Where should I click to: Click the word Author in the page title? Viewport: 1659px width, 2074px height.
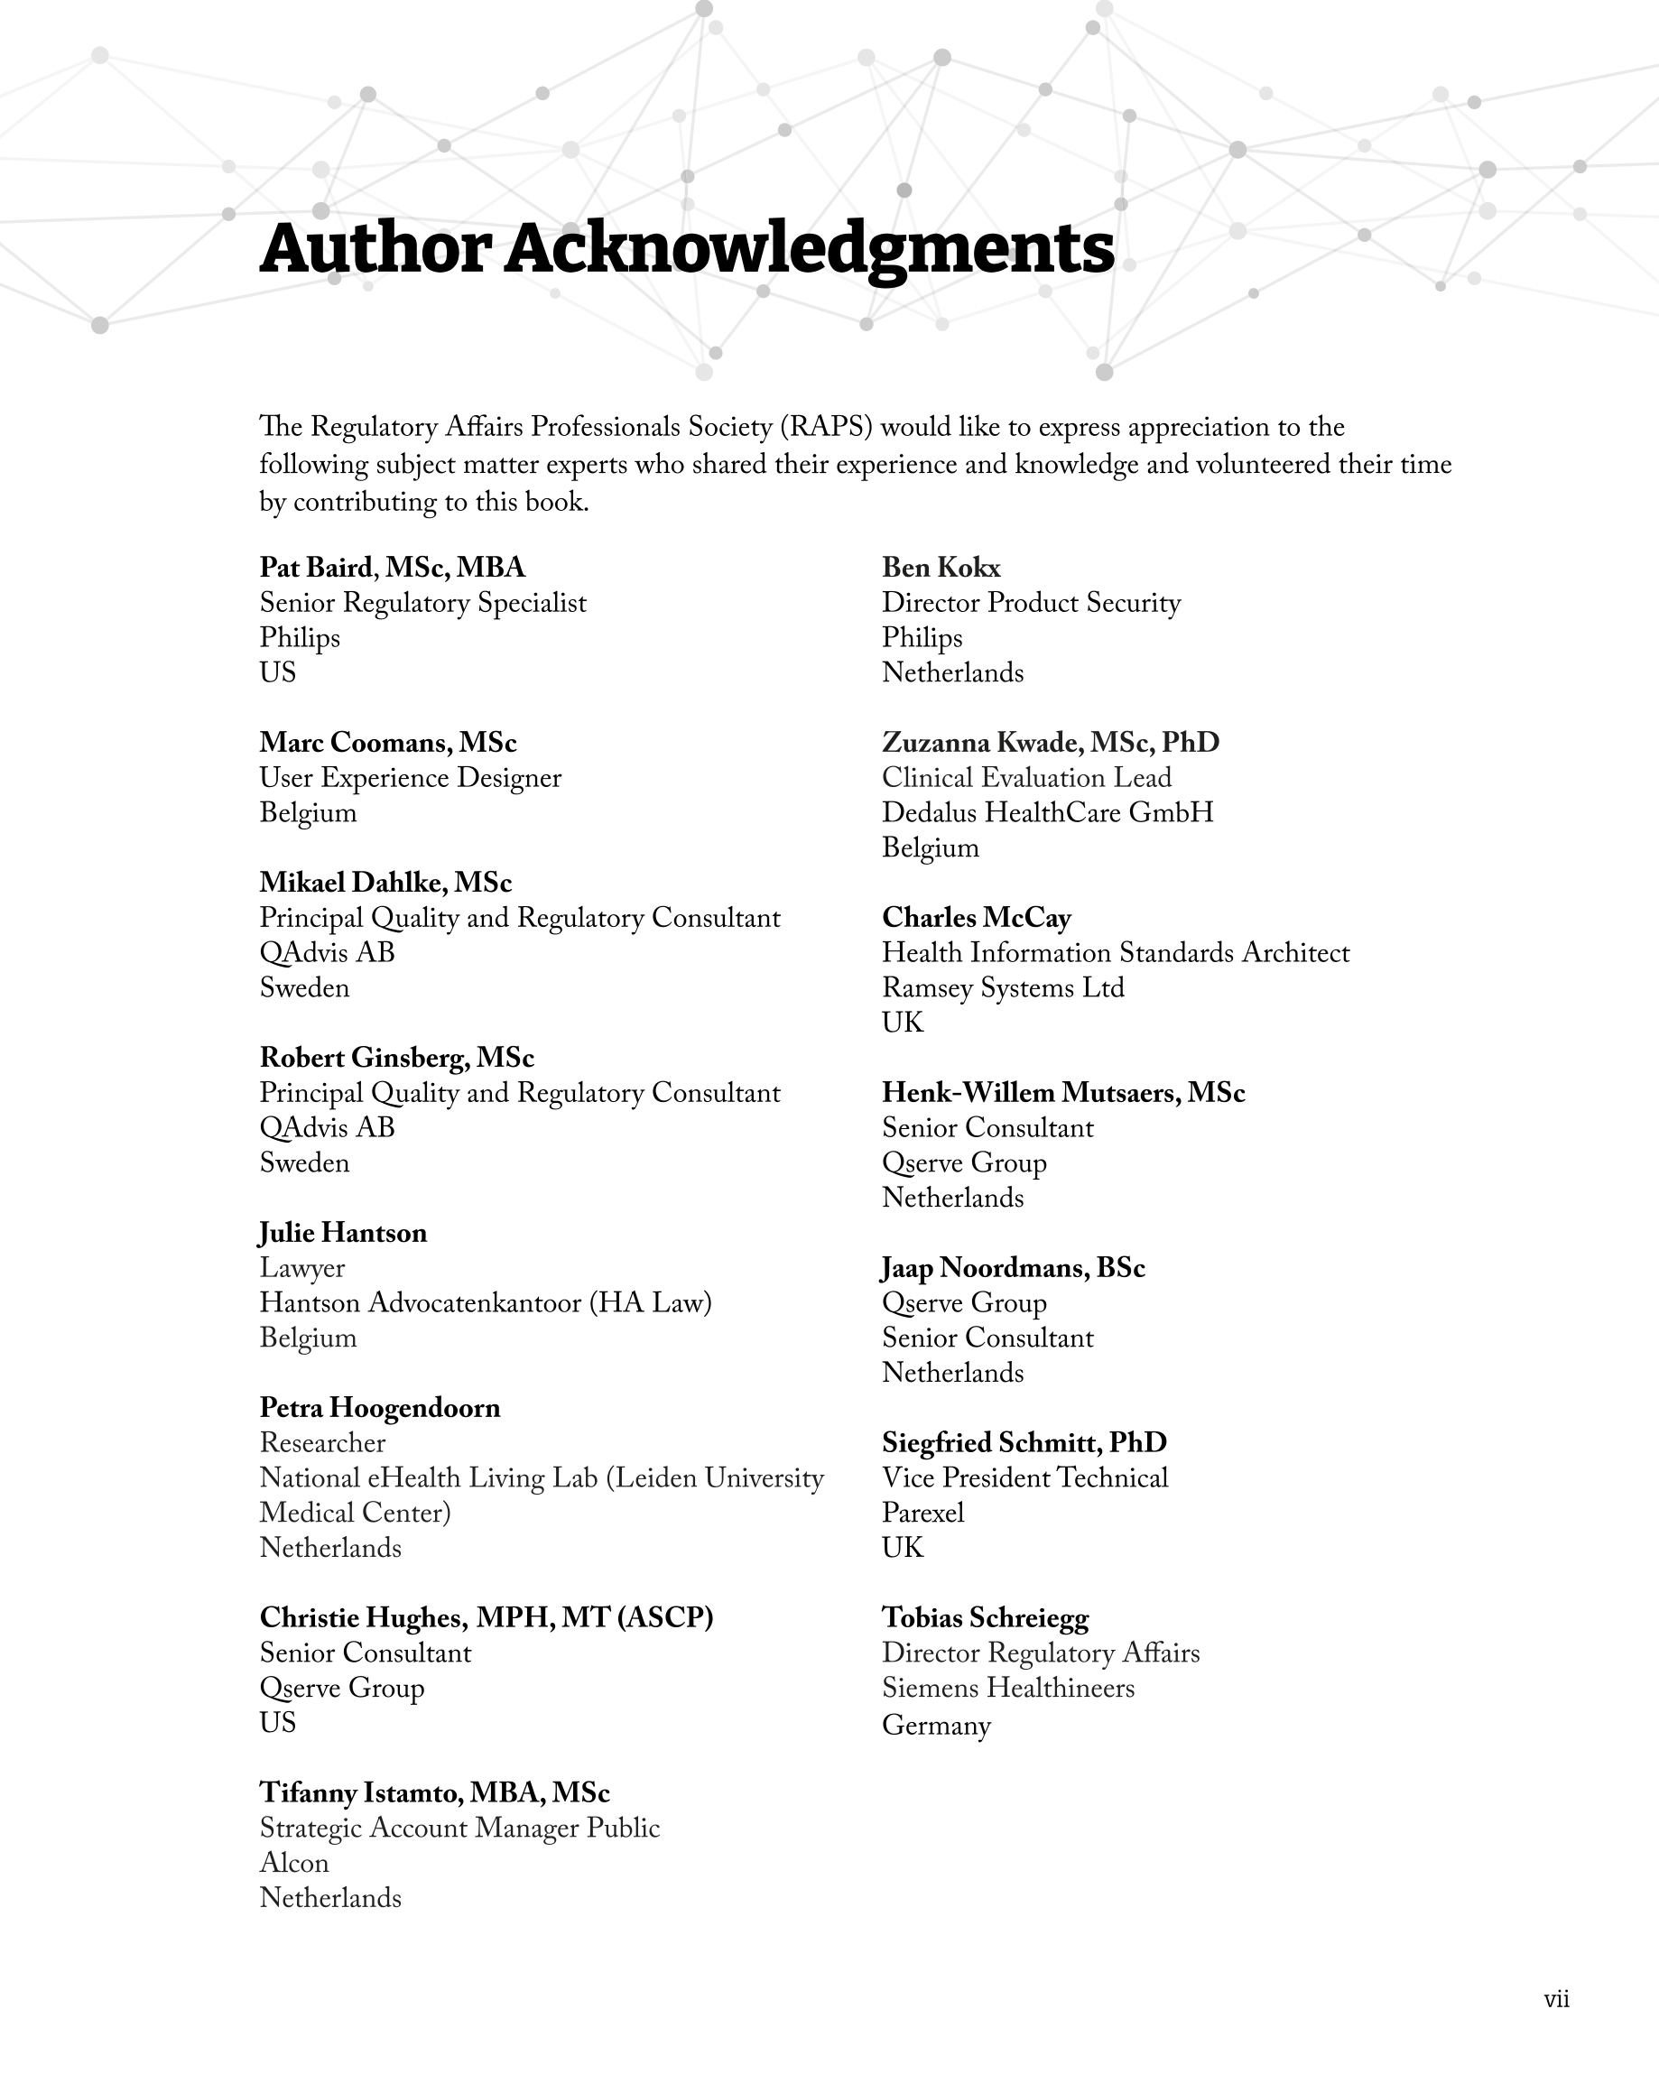(375, 248)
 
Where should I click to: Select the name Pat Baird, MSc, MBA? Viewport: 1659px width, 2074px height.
(393, 568)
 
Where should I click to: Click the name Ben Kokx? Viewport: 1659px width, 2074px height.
(941, 568)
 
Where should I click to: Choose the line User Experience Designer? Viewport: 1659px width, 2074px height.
(410, 778)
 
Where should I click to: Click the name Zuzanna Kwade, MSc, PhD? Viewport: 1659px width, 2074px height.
(1050, 743)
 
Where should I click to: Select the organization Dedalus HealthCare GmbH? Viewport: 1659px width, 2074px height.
(1047, 813)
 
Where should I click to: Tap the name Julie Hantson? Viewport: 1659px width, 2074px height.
(343, 1233)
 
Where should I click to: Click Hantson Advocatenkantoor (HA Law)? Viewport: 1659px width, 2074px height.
(485, 1303)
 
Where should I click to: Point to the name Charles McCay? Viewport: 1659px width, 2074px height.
(976, 918)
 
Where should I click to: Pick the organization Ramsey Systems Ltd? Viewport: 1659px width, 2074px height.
(1003, 988)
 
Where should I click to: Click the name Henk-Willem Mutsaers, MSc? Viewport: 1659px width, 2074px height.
(1063, 1093)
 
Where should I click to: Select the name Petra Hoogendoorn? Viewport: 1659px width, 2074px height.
(380, 1408)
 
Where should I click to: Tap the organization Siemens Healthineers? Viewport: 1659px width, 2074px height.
(1007, 1689)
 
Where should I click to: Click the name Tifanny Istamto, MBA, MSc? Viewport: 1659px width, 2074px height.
(434, 1793)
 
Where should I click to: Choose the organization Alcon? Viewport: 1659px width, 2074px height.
(294, 1864)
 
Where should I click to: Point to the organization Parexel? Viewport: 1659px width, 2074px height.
(922, 1514)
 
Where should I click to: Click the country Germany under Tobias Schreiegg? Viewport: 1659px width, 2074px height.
(935, 1725)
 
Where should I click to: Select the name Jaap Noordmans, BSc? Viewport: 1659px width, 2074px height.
(1014, 1268)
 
